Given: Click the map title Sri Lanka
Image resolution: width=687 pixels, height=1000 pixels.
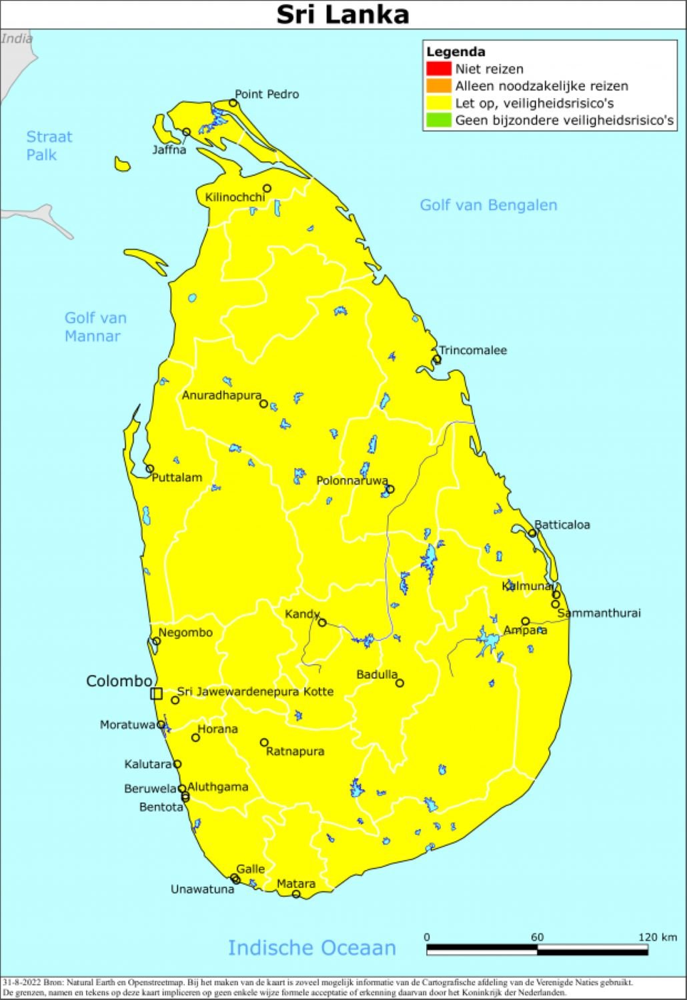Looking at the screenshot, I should point(343,15).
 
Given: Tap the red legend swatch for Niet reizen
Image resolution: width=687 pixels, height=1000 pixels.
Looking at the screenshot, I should point(438,69).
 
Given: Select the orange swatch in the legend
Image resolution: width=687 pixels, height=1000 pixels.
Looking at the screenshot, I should point(438,86).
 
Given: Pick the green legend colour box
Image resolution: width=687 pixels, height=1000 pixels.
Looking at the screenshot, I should point(438,121).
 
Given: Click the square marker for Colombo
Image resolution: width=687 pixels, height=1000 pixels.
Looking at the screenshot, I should point(156,693).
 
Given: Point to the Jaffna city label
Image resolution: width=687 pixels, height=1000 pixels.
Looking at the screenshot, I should point(169,150).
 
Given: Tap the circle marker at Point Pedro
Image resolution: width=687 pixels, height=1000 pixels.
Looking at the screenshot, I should point(233,103).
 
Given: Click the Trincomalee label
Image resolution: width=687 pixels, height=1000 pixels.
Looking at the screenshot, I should point(473,350).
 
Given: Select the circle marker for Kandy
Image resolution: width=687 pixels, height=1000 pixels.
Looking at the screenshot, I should point(322,623).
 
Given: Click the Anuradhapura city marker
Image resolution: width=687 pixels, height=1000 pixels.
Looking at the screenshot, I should point(263,404).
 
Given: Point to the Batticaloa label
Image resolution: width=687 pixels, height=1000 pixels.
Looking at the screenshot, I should point(562,525).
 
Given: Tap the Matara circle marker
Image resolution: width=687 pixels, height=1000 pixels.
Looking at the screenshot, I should point(296,894).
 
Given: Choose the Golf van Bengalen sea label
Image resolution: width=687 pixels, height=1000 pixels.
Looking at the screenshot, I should point(488,205).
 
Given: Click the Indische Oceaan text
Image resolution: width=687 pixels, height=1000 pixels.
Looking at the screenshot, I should point(311,947).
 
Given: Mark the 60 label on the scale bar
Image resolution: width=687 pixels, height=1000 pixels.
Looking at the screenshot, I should point(537,937).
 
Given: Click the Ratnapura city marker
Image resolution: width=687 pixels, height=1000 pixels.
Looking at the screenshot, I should point(264,742).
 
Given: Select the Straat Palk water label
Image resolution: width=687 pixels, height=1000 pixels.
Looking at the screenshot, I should point(49,145).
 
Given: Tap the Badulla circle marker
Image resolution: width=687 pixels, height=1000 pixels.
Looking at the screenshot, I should point(400,683).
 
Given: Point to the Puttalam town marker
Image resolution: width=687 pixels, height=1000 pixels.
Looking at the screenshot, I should point(150,469).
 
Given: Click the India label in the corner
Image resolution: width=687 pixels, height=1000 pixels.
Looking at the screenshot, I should point(17,39).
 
